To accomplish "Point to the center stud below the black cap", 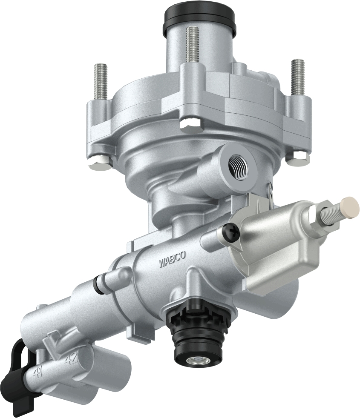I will click(193, 45).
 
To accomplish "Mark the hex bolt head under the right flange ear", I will click(298, 157).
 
